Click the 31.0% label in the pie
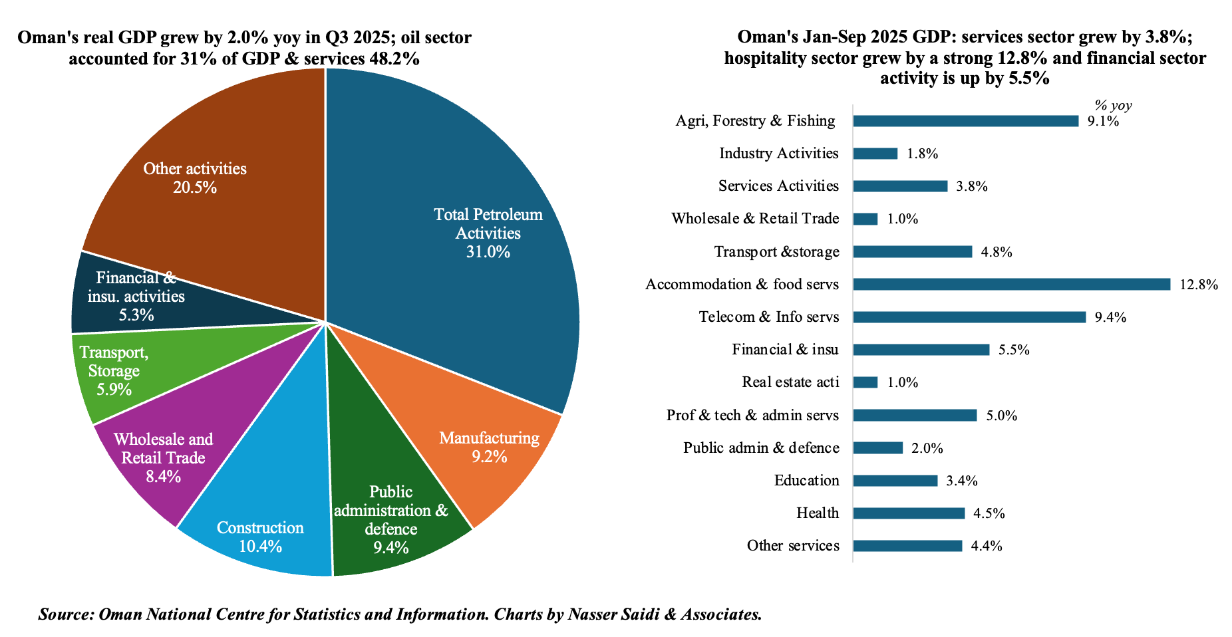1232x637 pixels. (488, 252)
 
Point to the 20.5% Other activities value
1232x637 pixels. (195, 188)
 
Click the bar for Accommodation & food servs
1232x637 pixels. (1011, 285)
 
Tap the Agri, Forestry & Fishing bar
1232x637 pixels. (965, 121)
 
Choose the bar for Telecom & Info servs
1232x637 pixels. (969, 317)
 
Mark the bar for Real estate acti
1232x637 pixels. (865, 382)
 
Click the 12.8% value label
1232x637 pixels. (1199, 285)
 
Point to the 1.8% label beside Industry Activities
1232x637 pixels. (922, 154)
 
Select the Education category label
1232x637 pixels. (806, 480)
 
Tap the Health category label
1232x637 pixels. (818, 513)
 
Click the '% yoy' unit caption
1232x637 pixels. (1113, 105)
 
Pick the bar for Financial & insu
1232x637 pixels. (921, 350)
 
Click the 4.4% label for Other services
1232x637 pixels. (987, 547)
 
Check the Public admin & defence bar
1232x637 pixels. (877, 448)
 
